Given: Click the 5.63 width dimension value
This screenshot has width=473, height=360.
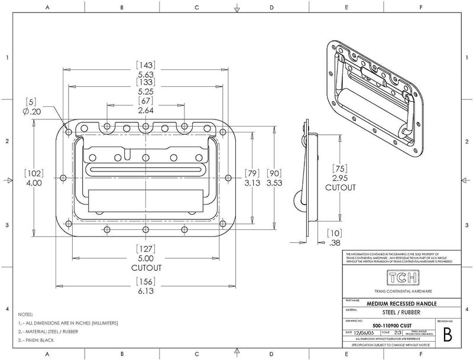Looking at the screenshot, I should tap(145, 75).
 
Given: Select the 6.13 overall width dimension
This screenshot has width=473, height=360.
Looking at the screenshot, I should tap(145, 291).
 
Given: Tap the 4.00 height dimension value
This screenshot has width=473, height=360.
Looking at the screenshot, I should tap(34, 183).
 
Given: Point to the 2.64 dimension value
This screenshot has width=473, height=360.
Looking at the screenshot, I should tap(145, 110).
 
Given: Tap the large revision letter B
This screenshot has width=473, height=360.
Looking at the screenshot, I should tap(447, 335).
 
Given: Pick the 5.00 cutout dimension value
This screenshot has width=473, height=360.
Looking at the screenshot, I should tap(145, 258).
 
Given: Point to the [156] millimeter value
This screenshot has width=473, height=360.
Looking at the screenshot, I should tap(145, 281).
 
